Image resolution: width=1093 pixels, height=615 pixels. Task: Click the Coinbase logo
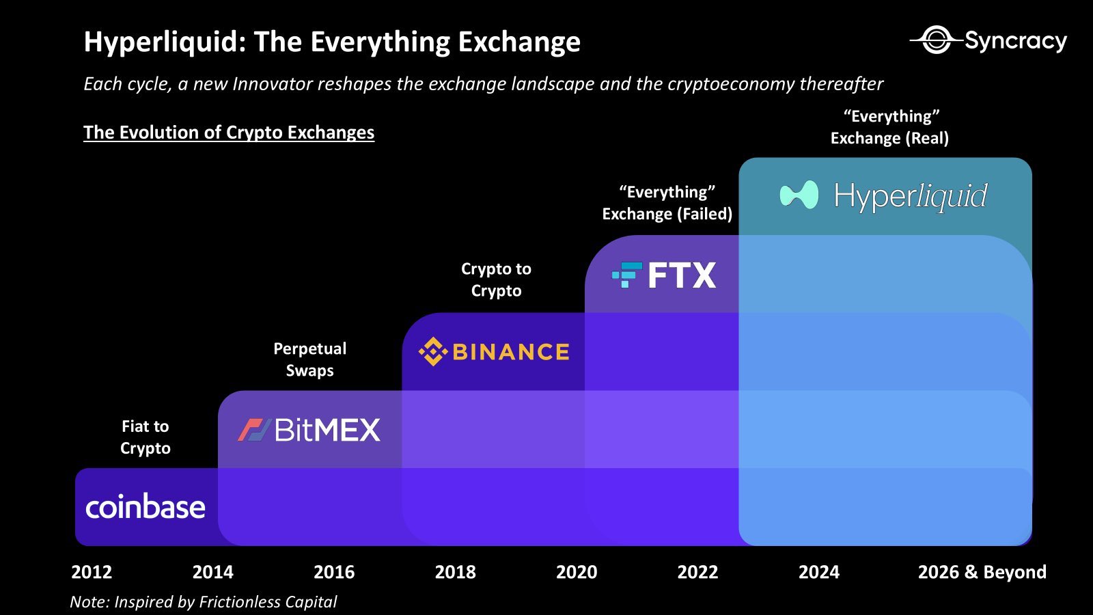(146, 507)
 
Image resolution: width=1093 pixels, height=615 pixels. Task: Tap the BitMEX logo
(309, 430)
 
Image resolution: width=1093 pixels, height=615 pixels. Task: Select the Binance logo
(494, 352)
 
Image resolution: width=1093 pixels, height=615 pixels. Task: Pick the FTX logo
(664, 275)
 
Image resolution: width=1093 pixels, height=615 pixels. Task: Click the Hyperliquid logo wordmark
(910, 196)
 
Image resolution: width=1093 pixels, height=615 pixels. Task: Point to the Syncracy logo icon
(935, 40)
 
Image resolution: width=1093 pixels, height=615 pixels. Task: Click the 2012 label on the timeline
(92, 572)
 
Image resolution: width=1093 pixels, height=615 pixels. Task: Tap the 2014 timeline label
(212, 572)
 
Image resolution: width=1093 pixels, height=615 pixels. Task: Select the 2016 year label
(334, 572)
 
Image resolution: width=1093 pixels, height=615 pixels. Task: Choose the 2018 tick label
(455, 572)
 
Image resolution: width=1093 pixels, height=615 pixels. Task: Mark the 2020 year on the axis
(577, 572)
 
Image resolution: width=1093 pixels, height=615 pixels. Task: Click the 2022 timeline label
(697, 572)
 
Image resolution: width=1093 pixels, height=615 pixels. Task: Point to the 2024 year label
(819, 572)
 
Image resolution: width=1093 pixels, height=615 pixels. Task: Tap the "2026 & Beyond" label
(982, 572)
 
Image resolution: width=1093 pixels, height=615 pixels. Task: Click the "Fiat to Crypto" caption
(146, 437)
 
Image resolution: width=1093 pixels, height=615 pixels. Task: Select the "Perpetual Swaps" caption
(309, 359)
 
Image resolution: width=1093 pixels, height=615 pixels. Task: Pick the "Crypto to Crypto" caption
(496, 279)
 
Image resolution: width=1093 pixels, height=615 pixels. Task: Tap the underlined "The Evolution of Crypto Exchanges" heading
(229, 132)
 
